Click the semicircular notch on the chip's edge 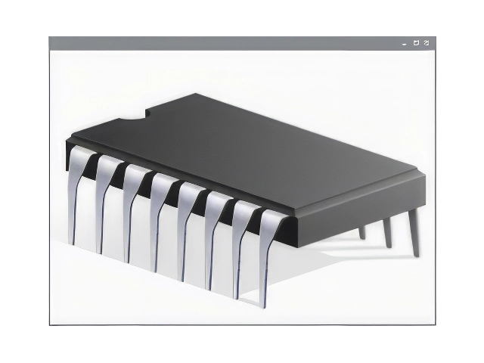[x=136, y=118]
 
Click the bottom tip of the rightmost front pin [x=265, y=305]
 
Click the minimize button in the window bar [x=405, y=44]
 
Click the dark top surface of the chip [x=250, y=151]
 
